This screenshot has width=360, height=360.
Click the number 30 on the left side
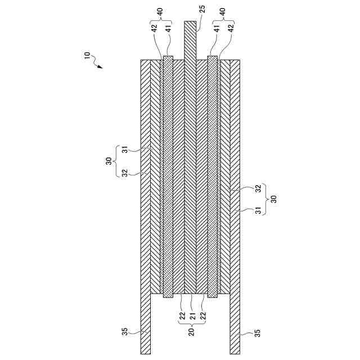click(109, 161)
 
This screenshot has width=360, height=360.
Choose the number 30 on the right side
click(273, 199)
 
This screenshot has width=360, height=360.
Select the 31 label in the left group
click(125, 150)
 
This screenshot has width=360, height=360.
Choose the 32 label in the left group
click(125, 172)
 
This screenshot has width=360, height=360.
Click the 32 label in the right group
click(258, 190)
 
